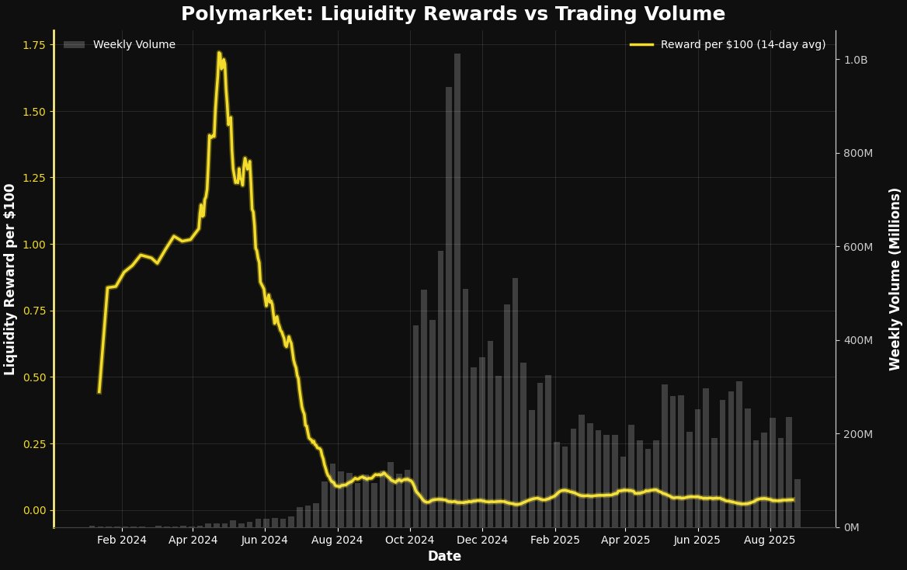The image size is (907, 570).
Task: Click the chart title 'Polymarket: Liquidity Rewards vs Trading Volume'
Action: (453, 14)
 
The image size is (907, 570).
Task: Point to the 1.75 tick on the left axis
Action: (35, 45)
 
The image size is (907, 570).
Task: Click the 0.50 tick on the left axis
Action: (35, 377)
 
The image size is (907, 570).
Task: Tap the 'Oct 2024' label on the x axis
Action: (409, 540)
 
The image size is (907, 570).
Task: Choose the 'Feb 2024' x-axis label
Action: (121, 540)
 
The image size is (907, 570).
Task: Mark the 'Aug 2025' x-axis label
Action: (770, 540)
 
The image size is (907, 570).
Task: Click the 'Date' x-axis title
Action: (444, 556)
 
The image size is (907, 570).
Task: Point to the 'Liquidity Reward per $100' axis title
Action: (10, 280)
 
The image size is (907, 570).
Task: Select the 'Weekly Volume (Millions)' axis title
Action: (894, 280)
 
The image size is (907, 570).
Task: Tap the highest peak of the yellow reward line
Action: (219, 53)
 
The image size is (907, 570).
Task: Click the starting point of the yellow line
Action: (99, 392)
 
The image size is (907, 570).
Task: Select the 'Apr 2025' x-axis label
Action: (626, 540)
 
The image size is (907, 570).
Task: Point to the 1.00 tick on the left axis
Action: (35, 245)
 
